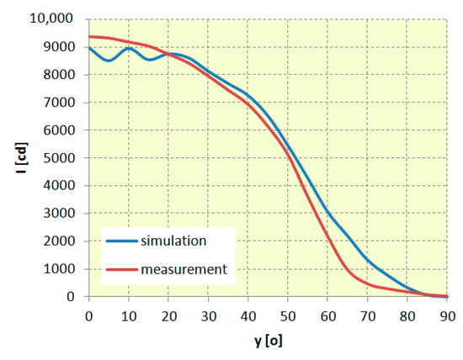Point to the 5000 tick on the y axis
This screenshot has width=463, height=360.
pos(61,158)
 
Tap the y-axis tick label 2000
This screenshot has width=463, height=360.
pos(61,241)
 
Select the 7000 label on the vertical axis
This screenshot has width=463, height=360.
pos(61,103)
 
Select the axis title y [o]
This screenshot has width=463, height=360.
pos(269,344)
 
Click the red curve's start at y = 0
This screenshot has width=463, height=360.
pos(89,36)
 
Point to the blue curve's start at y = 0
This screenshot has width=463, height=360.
pos(89,47)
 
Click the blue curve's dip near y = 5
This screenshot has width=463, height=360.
pos(109,61)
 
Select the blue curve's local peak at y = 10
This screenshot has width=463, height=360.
pos(129,48)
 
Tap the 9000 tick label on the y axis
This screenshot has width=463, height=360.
pos(61,47)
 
